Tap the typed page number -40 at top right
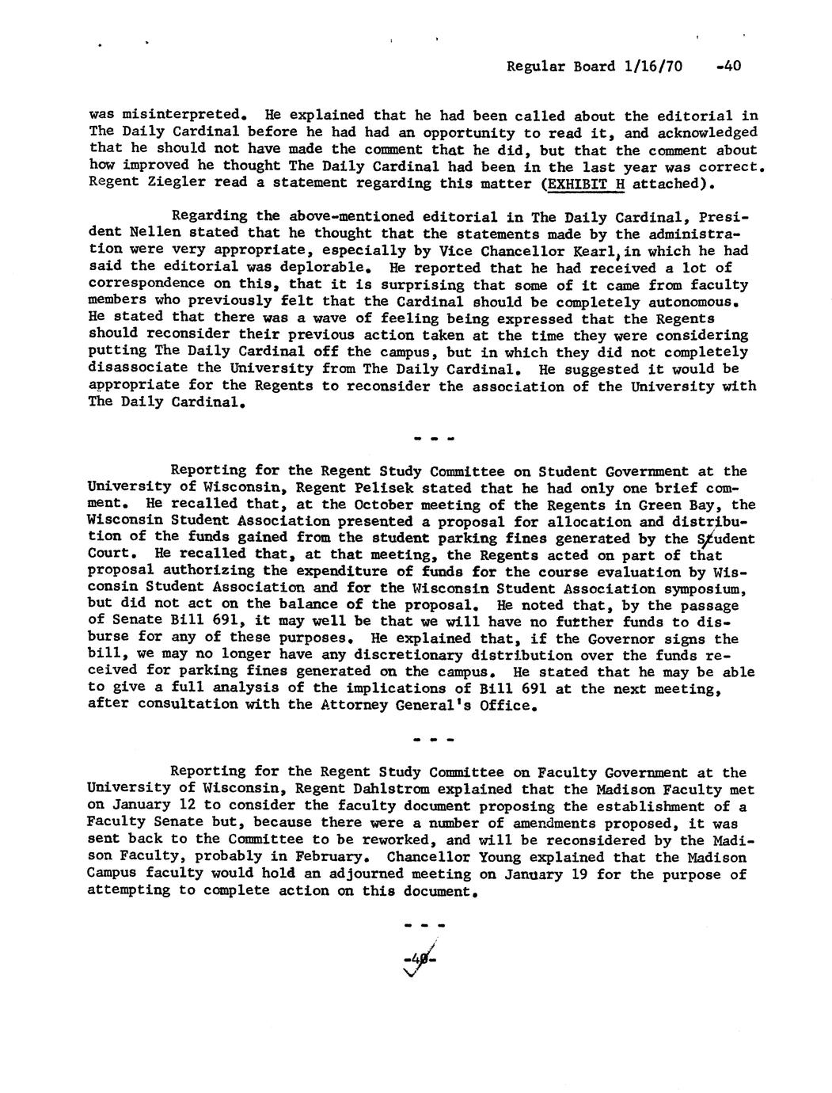(x=727, y=67)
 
